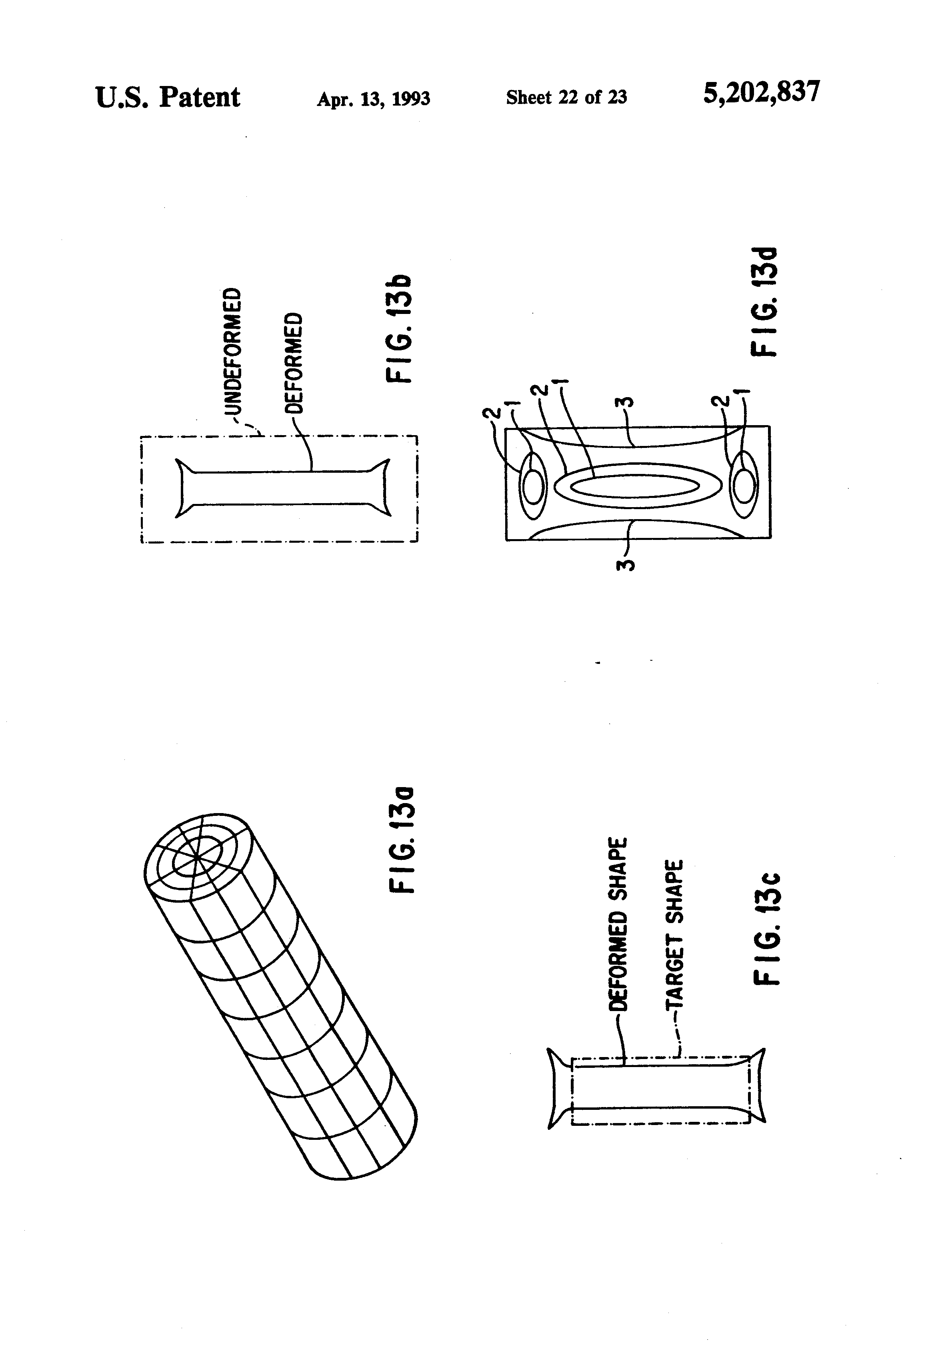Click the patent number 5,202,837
761,93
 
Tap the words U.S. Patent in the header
168,97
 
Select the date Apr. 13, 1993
373,98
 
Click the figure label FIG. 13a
402,840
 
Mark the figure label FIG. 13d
765,302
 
